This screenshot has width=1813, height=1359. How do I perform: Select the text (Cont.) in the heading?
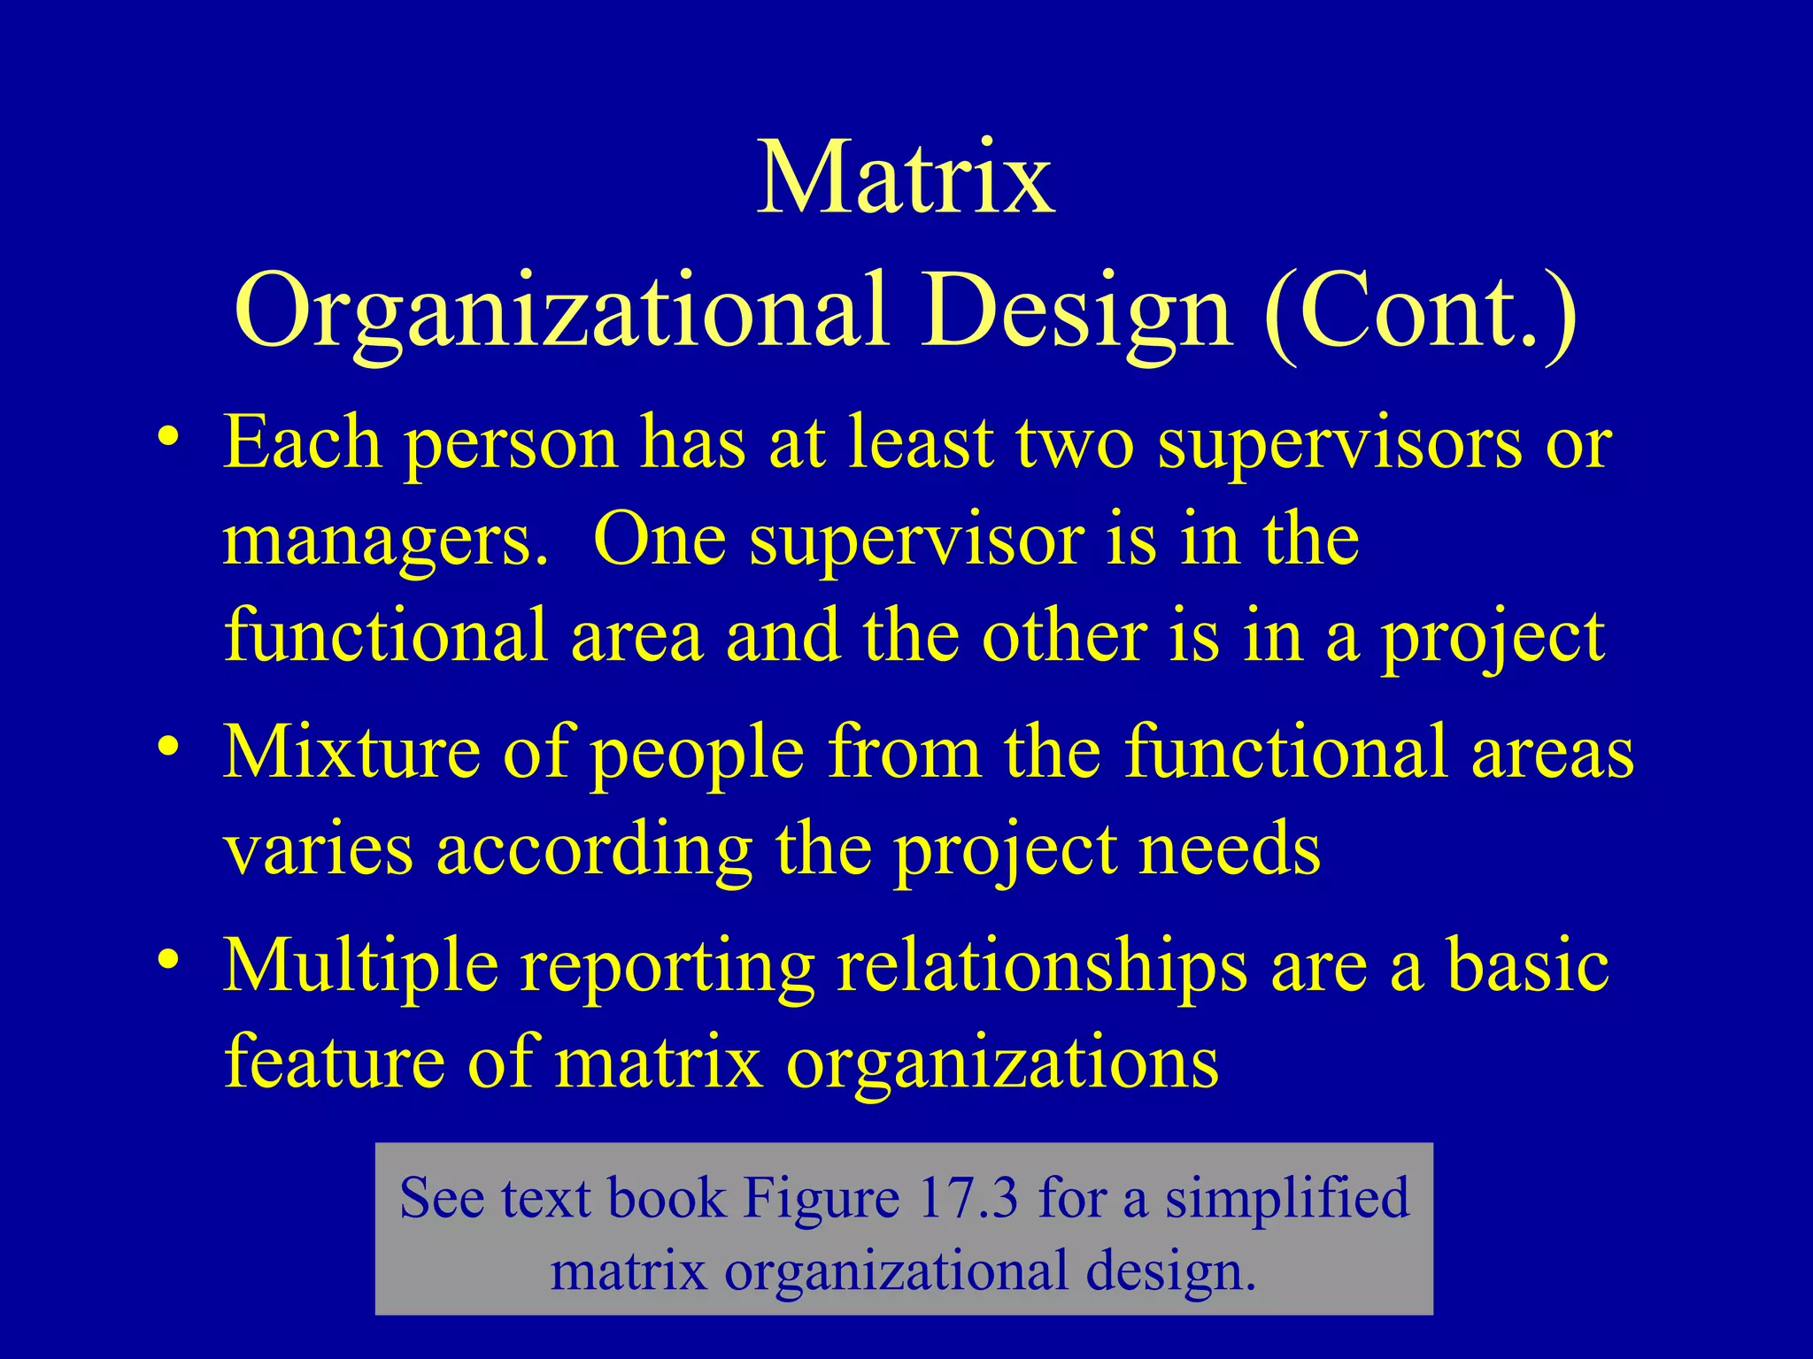(x=1420, y=311)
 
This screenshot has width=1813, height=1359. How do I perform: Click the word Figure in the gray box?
(x=821, y=1200)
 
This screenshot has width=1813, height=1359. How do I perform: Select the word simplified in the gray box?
(x=1285, y=1200)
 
